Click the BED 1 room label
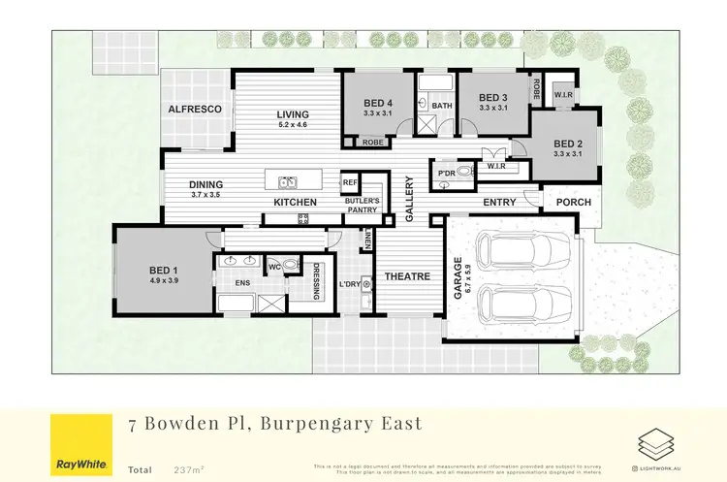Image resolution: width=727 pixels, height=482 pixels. pyautogui.click(x=163, y=270)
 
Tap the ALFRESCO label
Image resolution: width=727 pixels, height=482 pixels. pyautogui.click(x=196, y=111)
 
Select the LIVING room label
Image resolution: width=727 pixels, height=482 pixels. pyautogui.click(x=292, y=112)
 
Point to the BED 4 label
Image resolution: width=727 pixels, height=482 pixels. pyautogui.click(x=378, y=103)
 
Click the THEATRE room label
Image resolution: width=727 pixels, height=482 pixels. pyautogui.click(x=407, y=276)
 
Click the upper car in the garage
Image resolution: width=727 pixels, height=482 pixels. pyautogui.click(x=512, y=254)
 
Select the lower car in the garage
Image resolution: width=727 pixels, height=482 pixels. pyautogui.click(x=512, y=306)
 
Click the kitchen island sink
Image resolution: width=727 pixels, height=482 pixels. pyautogui.click(x=288, y=181)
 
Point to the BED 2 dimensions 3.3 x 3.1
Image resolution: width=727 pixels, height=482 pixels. pyautogui.click(x=568, y=153)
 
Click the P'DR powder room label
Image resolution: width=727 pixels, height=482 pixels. pyautogui.click(x=447, y=174)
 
